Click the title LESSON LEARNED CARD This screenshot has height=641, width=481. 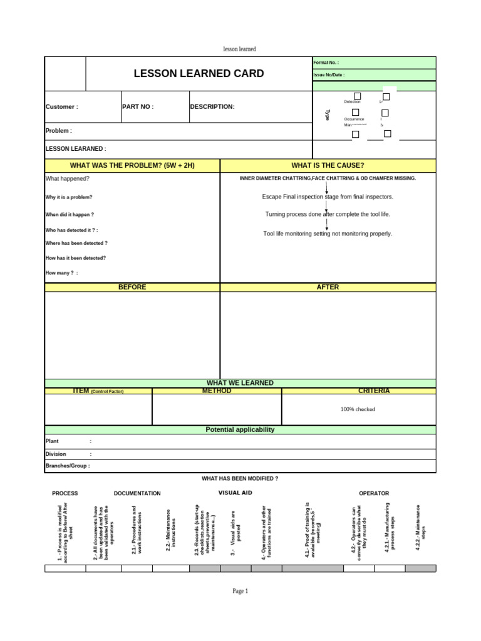[199, 74]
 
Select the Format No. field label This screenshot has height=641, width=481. [326, 63]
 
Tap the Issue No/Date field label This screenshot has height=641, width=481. [329, 75]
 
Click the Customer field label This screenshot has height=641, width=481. [61, 107]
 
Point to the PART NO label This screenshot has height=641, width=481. [138, 107]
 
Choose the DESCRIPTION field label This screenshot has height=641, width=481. [212, 107]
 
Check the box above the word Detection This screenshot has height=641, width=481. [357, 96]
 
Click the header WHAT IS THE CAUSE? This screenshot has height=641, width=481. [328, 165]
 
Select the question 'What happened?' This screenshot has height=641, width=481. [67, 178]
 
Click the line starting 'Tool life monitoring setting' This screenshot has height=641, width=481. [328, 233]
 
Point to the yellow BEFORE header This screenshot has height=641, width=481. [132, 287]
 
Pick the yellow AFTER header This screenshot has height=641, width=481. [328, 287]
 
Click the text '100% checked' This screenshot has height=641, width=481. [358, 409]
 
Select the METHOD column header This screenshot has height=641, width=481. [217, 391]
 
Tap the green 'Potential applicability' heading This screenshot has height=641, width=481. [240, 430]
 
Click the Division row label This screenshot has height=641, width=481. [56, 454]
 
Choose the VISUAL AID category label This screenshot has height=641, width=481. [235, 493]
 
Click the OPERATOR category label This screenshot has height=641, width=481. [374, 493]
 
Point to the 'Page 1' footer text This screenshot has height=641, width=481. [240, 591]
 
